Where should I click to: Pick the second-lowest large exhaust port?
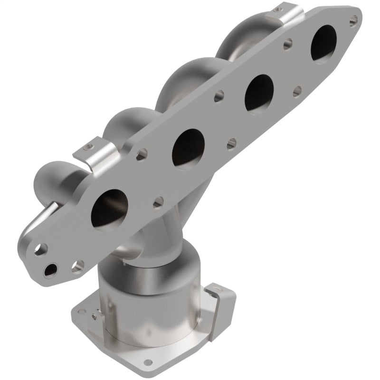point(188,148)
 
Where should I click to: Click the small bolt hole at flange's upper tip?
point(353,20)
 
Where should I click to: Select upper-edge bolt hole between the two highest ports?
point(287,46)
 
